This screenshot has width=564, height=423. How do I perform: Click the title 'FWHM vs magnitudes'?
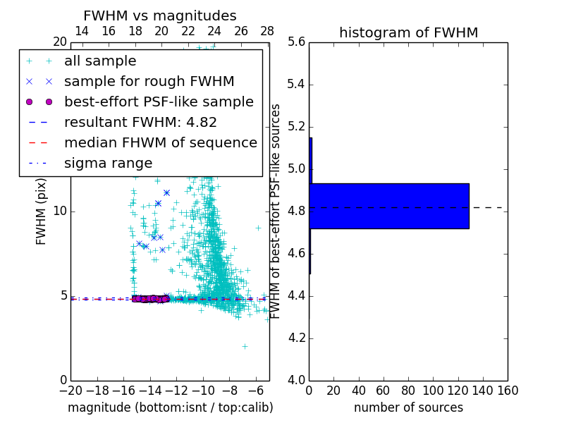pos(160,16)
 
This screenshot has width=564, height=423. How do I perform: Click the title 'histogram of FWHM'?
pos(408,32)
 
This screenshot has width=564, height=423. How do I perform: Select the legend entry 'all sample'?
pos(100,61)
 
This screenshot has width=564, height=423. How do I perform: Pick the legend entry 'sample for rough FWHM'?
pos(149,82)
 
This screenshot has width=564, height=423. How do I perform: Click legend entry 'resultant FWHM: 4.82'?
pos(140,122)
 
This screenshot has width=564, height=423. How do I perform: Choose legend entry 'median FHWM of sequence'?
pos(160,142)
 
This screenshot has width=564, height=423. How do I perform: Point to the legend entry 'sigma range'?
pos(108,163)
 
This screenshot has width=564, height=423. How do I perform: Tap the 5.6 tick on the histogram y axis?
pos(297,42)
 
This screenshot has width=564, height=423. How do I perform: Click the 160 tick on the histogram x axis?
pos(508,391)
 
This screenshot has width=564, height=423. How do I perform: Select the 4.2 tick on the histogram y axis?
pos(297,338)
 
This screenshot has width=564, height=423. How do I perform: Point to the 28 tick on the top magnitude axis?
pos(267,32)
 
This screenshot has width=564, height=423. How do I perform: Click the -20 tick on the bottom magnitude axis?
pos(70,391)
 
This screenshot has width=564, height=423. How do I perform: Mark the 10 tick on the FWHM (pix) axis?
pos(60,211)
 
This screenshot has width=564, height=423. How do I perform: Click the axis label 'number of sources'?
pos(408,407)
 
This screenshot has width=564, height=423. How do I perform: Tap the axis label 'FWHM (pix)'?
pos(42,211)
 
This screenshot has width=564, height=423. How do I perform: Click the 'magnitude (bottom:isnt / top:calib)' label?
pos(170,407)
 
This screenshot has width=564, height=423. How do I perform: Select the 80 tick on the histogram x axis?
pos(408,391)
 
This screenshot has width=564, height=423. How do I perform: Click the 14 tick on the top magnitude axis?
pos(82,32)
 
